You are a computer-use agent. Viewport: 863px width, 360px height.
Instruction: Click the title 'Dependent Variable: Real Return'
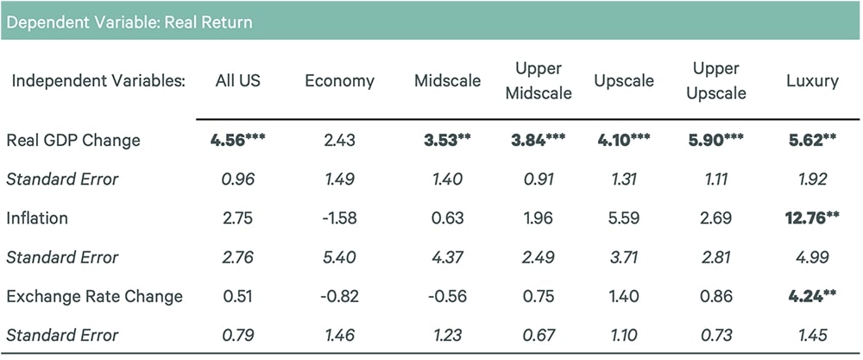[129, 22]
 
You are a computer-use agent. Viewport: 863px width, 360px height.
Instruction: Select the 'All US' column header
[237, 81]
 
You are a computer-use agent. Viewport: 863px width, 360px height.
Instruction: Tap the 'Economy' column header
[339, 81]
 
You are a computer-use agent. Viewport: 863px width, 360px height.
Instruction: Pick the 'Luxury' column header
[812, 81]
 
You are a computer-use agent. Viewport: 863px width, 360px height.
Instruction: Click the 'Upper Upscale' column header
[715, 81]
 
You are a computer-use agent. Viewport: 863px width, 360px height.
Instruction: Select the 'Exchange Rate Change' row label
[94, 296]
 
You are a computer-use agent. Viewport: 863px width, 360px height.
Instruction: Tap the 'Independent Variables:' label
[98, 81]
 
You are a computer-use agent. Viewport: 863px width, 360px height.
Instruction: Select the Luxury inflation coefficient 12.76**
[812, 218]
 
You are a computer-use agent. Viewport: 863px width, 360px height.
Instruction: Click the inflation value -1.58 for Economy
[339, 218]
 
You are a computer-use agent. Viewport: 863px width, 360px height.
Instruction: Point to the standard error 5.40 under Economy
[339, 257]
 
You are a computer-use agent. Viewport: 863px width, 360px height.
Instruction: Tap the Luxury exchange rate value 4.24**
[812, 296]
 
